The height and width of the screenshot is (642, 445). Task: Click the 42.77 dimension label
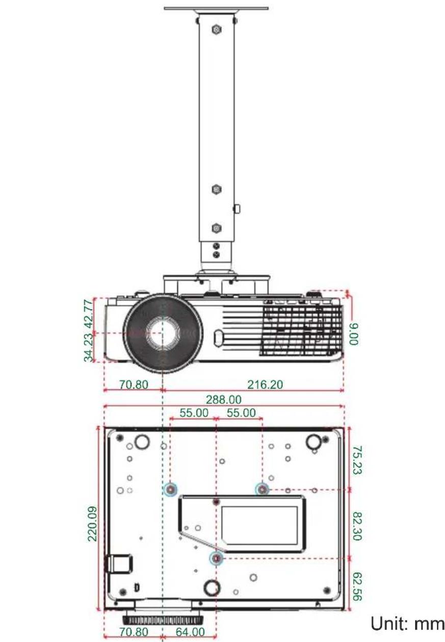pyautogui.click(x=88, y=314)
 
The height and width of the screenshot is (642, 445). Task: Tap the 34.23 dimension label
pyautogui.click(x=88, y=347)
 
